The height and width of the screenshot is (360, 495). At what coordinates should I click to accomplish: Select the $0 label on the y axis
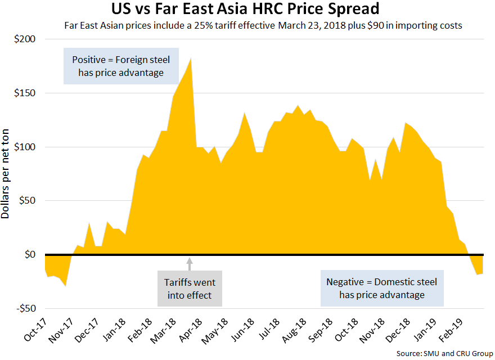click(x=29, y=255)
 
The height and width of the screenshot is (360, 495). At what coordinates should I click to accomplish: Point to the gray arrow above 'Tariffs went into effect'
click(x=190, y=262)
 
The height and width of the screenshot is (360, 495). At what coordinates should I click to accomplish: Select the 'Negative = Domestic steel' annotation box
click(x=382, y=288)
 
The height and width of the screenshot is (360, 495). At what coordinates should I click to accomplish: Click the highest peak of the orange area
click(x=191, y=58)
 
